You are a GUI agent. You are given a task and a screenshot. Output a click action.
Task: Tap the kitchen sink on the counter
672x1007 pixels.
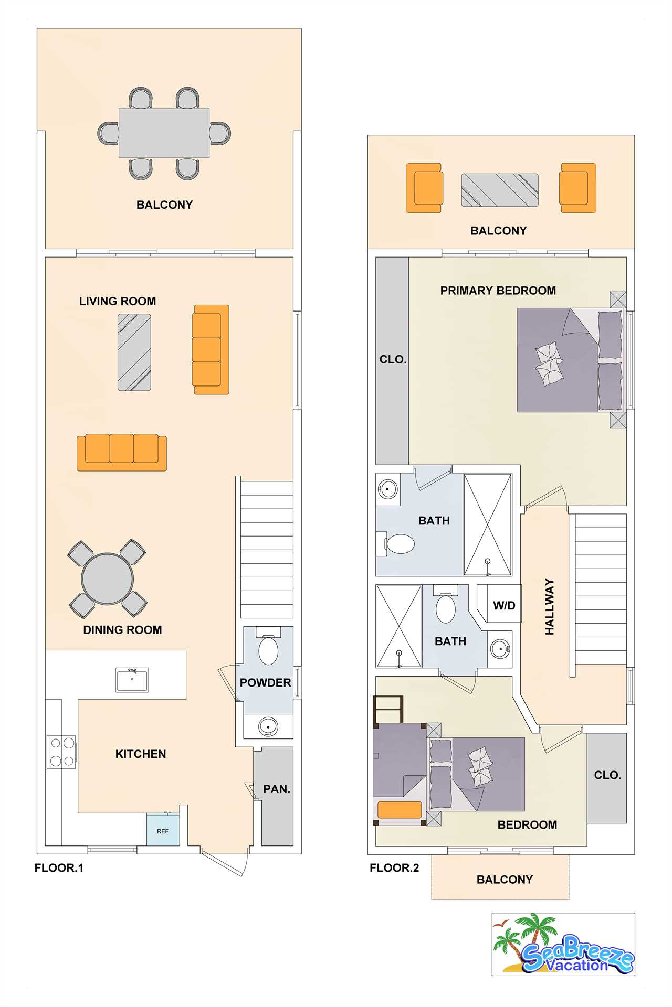[x=132, y=680]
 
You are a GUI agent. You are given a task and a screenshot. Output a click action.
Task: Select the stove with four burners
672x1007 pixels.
[x=62, y=752]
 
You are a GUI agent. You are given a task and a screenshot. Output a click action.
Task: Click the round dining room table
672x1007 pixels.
[x=108, y=579]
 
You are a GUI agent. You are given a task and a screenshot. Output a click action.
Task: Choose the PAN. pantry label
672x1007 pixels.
[x=277, y=789]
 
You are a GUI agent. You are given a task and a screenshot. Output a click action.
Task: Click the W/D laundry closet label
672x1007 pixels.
[x=504, y=606]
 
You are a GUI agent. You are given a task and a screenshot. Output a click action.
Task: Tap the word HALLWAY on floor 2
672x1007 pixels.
[x=550, y=607]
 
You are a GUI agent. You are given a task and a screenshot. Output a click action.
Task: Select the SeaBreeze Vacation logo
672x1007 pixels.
[x=563, y=944]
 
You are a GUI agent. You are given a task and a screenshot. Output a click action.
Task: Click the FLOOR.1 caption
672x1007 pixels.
[x=59, y=868]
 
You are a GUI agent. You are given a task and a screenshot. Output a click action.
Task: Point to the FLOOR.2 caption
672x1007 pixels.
[x=394, y=868]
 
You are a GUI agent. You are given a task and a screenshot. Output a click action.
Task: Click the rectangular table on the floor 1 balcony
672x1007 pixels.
[x=164, y=133]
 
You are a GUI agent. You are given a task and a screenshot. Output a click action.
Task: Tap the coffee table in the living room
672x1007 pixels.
[x=134, y=352]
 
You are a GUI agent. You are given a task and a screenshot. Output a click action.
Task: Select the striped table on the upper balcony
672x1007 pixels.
[x=500, y=190]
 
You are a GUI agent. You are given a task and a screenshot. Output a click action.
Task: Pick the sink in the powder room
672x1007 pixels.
[x=268, y=726]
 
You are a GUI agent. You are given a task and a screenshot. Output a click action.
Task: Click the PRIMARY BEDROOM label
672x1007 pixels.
[x=498, y=291]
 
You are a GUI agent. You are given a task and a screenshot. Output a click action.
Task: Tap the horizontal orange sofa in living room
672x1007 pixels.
[x=122, y=452]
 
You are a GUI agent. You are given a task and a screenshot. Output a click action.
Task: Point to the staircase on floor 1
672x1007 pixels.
[x=267, y=550]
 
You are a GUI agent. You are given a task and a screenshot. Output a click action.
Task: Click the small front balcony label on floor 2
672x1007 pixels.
[x=505, y=880]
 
